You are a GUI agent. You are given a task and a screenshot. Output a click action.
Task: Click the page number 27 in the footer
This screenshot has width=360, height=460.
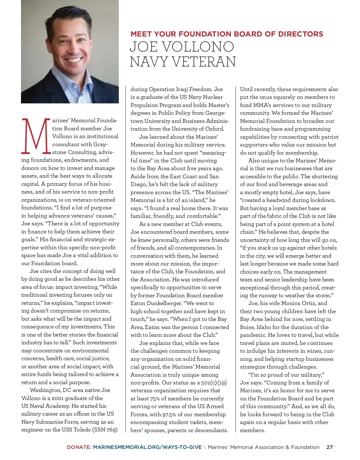(x=329, y=447)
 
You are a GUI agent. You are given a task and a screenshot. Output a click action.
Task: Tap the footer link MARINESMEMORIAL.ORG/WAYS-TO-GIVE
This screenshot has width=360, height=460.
(x=147, y=447)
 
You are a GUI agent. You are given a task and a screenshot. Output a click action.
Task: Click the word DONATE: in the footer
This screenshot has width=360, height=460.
(x=79, y=447)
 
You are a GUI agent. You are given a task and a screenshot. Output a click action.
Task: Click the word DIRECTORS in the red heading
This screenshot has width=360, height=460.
(x=301, y=34)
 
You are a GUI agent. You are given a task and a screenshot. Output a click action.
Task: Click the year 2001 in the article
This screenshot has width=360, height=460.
(x=58, y=398)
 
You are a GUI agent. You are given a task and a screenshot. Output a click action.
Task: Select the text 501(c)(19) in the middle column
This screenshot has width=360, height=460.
(x=214, y=383)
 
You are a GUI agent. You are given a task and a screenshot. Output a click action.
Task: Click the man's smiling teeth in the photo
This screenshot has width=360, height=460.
(x=73, y=60)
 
